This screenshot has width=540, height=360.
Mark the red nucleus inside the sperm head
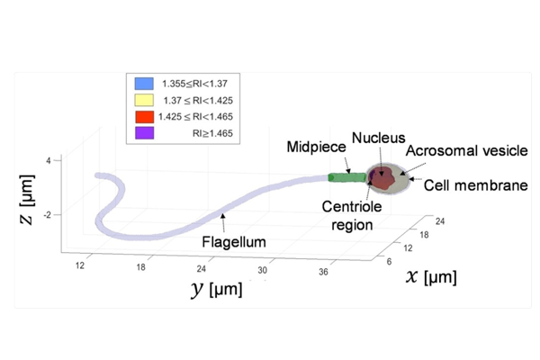[x=385, y=179]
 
